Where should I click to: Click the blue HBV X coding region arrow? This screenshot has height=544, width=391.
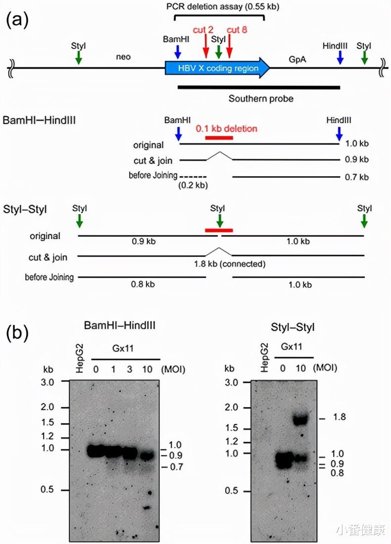[218, 69]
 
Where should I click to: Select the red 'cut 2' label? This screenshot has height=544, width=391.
[203, 30]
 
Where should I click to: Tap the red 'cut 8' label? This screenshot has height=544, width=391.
[237, 30]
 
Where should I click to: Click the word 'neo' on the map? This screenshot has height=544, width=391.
[123, 57]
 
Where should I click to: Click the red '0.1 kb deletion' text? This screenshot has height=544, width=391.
[227, 129]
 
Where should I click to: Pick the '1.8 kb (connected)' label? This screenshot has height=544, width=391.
[230, 264]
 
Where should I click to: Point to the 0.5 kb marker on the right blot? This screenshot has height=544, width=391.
[233, 491]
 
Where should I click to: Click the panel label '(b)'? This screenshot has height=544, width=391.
[16, 333]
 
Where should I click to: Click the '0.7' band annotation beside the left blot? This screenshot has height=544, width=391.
[176, 466]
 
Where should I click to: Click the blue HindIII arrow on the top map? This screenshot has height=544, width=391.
[340, 57]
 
